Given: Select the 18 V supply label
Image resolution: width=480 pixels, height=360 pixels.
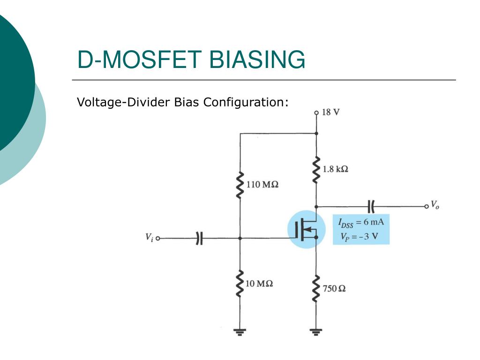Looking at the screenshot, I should point(331,112).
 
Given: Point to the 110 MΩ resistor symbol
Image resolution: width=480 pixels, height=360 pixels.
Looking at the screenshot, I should point(240,185).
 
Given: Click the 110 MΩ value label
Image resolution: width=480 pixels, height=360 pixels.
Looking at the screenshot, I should point(262,185).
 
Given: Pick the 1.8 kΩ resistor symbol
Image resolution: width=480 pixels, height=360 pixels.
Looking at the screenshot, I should point(316,170).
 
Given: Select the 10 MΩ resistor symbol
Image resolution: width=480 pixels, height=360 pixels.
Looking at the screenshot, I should point(240,284).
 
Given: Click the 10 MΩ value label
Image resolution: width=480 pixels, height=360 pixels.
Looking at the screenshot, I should point(259,284).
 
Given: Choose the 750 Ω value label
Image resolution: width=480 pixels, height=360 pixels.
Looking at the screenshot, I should point(334,288).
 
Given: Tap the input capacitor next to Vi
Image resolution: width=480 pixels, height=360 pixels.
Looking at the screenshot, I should point(199,238).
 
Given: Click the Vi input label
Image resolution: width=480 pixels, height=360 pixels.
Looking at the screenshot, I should point(149,238).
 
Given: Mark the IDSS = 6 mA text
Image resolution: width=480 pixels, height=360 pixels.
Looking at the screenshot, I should point(360,222).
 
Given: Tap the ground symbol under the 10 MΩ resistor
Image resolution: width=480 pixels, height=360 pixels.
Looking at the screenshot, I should point(240,332).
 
